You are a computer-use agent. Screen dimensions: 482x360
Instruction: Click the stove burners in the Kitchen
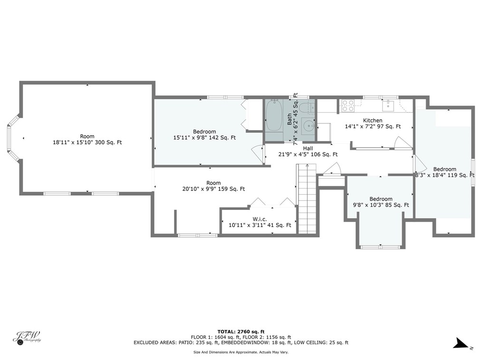click(x=347, y=105)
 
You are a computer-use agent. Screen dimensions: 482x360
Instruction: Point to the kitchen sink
click(x=388, y=105)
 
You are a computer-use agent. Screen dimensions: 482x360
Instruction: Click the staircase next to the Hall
click(x=306, y=199)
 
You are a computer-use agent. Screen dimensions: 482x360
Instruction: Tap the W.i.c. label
click(x=260, y=219)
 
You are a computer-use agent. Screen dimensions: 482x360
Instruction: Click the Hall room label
click(x=308, y=148)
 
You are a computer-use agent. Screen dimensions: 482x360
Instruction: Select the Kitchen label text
click(x=373, y=121)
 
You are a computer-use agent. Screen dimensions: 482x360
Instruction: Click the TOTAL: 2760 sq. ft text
click(x=241, y=332)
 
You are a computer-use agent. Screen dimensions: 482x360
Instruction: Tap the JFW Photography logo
click(x=27, y=338)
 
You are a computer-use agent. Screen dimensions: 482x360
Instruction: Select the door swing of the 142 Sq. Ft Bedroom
click(x=258, y=153)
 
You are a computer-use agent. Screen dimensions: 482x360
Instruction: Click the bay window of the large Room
click(x=13, y=138)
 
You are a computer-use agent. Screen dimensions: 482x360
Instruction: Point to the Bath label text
click(x=289, y=119)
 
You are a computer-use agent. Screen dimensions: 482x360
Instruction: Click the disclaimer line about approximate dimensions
click(x=241, y=352)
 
